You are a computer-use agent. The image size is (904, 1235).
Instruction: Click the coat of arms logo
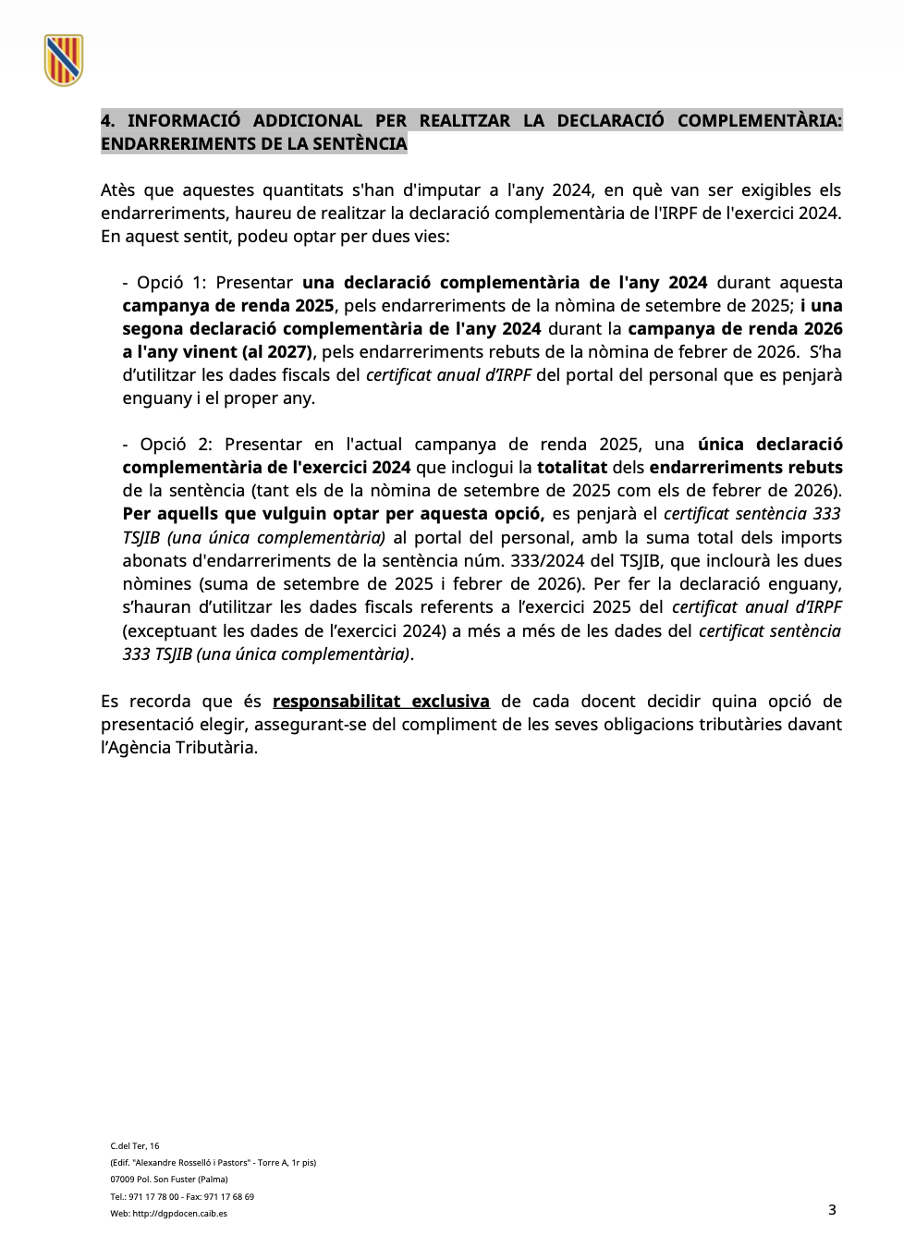point(64,60)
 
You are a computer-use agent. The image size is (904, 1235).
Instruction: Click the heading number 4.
point(107,121)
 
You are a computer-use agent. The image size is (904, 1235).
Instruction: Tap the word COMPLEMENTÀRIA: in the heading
point(759,121)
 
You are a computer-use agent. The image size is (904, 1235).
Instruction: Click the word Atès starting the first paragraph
point(118,190)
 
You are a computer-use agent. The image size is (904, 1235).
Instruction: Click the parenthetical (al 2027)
point(278,352)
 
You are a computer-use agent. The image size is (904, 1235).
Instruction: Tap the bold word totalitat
point(571,468)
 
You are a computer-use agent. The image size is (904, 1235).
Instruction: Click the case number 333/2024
point(551,561)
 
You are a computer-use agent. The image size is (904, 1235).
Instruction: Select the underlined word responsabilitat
point(336,702)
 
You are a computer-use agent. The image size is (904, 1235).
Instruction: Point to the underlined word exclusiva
point(450,702)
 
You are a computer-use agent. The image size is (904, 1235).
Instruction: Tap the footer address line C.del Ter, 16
point(135,1146)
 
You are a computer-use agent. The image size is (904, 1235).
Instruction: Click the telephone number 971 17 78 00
point(153,1197)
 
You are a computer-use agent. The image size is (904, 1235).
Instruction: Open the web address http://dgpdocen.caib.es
point(179,1214)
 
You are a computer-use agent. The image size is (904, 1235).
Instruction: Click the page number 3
point(832,1210)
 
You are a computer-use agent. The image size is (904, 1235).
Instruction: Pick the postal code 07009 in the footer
point(122,1180)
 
